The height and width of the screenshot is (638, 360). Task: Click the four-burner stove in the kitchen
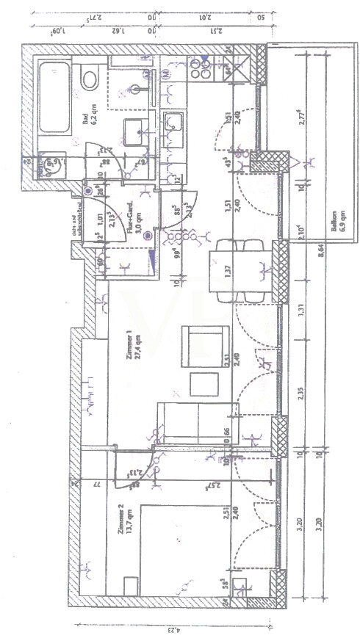[x=201, y=70]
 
